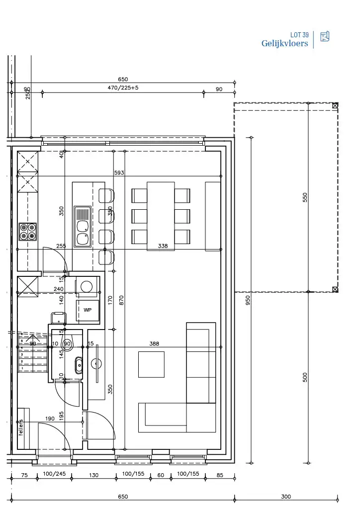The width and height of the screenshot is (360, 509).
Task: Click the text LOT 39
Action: pyautogui.click(x=299, y=35)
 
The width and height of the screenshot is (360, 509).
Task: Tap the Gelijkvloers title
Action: pyautogui.click(x=284, y=44)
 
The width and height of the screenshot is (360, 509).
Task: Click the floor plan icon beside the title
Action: pyautogui.click(x=325, y=36)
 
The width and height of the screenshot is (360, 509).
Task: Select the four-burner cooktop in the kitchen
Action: pyautogui.click(x=28, y=232)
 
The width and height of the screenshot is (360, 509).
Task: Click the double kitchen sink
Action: pyautogui.click(x=83, y=227)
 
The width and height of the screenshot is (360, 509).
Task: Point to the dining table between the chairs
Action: pyautogui.click(x=161, y=216)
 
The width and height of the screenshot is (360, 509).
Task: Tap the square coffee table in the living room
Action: pyautogui.click(x=151, y=364)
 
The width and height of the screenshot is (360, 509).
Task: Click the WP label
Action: pyautogui.click(x=88, y=310)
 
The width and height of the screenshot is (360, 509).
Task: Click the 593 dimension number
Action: pyautogui.click(x=118, y=172)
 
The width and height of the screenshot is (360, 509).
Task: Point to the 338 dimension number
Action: pyautogui.click(x=163, y=246)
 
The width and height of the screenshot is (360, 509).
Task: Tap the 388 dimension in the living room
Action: pyautogui.click(x=155, y=343)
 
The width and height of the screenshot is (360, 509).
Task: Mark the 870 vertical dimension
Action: pyautogui.click(x=122, y=300)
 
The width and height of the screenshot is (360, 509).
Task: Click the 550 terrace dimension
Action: pyautogui.click(x=305, y=197)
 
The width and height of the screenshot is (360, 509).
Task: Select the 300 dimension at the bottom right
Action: pyautogui.click(x=286, y=497)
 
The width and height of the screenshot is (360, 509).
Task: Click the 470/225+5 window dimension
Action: pyautogui.click(x=123, y=88)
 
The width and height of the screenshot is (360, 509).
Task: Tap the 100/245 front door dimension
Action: pyautogui.click(x=54, y=474)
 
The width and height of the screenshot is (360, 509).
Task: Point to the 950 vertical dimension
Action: pyautogui.click(x=248, y=300)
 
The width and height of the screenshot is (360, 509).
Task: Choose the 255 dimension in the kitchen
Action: pyautogui.click(x=61, y=246)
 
